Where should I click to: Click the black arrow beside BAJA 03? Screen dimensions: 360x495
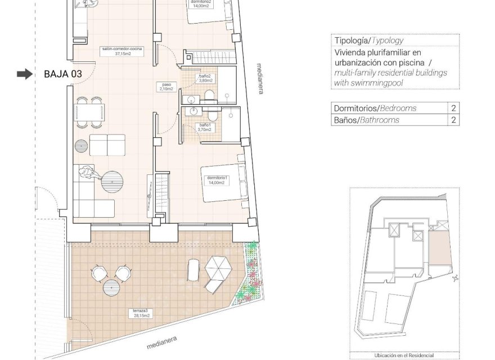(x=25, y=74)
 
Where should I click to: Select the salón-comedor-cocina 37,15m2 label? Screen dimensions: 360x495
(x=122, y=52)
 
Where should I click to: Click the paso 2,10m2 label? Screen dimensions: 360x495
(x=165, y=87)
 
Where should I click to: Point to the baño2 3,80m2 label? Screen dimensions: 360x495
(x=204, y=78)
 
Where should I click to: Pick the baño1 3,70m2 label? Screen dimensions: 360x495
(x=204, y=127)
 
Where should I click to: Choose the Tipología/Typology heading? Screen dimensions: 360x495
(x=368, y=41)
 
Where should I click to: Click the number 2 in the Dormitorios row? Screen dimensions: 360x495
(x=453, y=108)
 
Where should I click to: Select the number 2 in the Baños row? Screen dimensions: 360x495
(x=453, y=120)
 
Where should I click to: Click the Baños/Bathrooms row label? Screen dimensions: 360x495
(x=366, y=120)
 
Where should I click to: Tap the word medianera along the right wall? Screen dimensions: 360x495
(x=259, y=78)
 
